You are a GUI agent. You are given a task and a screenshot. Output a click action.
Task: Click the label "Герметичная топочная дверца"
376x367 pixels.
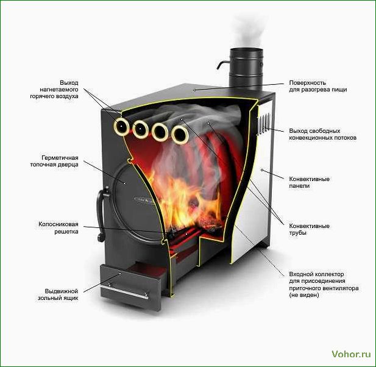[54, 161]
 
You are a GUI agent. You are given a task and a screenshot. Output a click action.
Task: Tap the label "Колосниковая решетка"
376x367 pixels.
[59, 228]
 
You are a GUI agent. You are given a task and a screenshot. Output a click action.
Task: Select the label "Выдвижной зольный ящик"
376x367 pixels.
[58, 294]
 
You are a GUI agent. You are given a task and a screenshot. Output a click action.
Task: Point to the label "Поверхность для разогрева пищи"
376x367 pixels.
[318, 86]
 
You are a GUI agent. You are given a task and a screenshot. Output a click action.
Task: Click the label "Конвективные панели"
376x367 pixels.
[310, 182]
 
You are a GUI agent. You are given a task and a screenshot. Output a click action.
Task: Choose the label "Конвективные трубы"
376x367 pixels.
[309, 229]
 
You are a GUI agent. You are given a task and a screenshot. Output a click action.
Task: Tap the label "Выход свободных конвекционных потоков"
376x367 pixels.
[323, 134]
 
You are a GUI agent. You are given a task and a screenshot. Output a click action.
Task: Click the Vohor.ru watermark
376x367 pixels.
[351, 354]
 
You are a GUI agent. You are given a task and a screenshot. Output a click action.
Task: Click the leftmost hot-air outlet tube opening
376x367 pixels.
[122, 126]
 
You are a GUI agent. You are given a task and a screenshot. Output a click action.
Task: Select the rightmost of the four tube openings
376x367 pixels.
[180, 135]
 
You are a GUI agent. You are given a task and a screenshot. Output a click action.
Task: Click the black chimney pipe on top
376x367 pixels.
[246, 68]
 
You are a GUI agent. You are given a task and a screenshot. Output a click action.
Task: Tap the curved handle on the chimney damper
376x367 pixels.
[222, 65]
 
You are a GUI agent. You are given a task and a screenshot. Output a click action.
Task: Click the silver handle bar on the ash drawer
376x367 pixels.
[125, 292]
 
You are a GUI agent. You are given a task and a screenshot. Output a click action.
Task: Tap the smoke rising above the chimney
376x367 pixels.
[247, 31]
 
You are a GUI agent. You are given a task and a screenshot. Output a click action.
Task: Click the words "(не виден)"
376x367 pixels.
[304, 295]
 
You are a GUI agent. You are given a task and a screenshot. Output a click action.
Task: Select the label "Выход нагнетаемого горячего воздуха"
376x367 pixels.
[54, 90]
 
